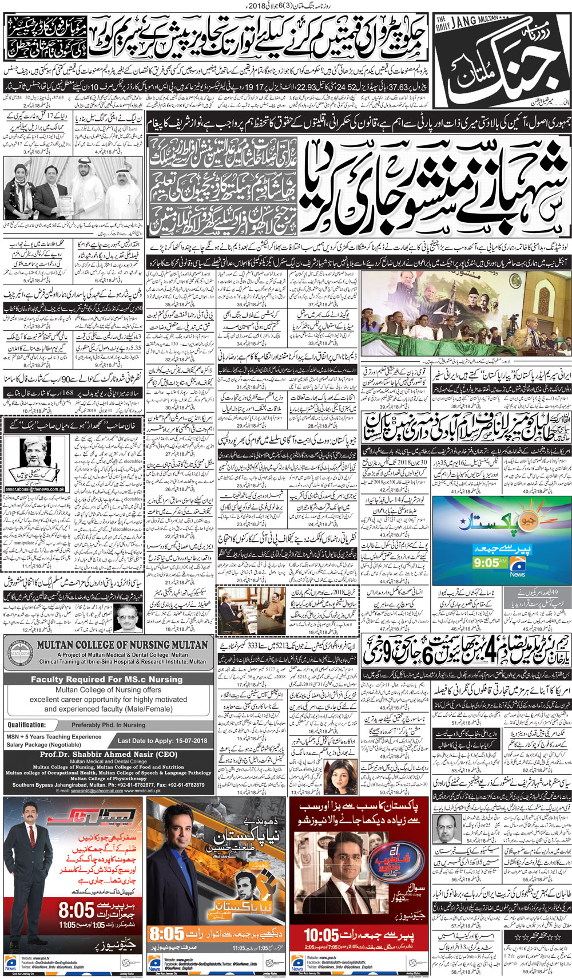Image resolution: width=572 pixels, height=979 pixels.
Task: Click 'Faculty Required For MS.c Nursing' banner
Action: click(x=106, y=679)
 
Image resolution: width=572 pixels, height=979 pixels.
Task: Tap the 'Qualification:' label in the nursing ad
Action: click(x=26, y=724)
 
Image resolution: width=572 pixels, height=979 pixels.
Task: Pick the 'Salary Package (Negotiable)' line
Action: click(x=43, y=744)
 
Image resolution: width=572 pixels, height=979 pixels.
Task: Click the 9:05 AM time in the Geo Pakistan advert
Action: click(x=486, y=563)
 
